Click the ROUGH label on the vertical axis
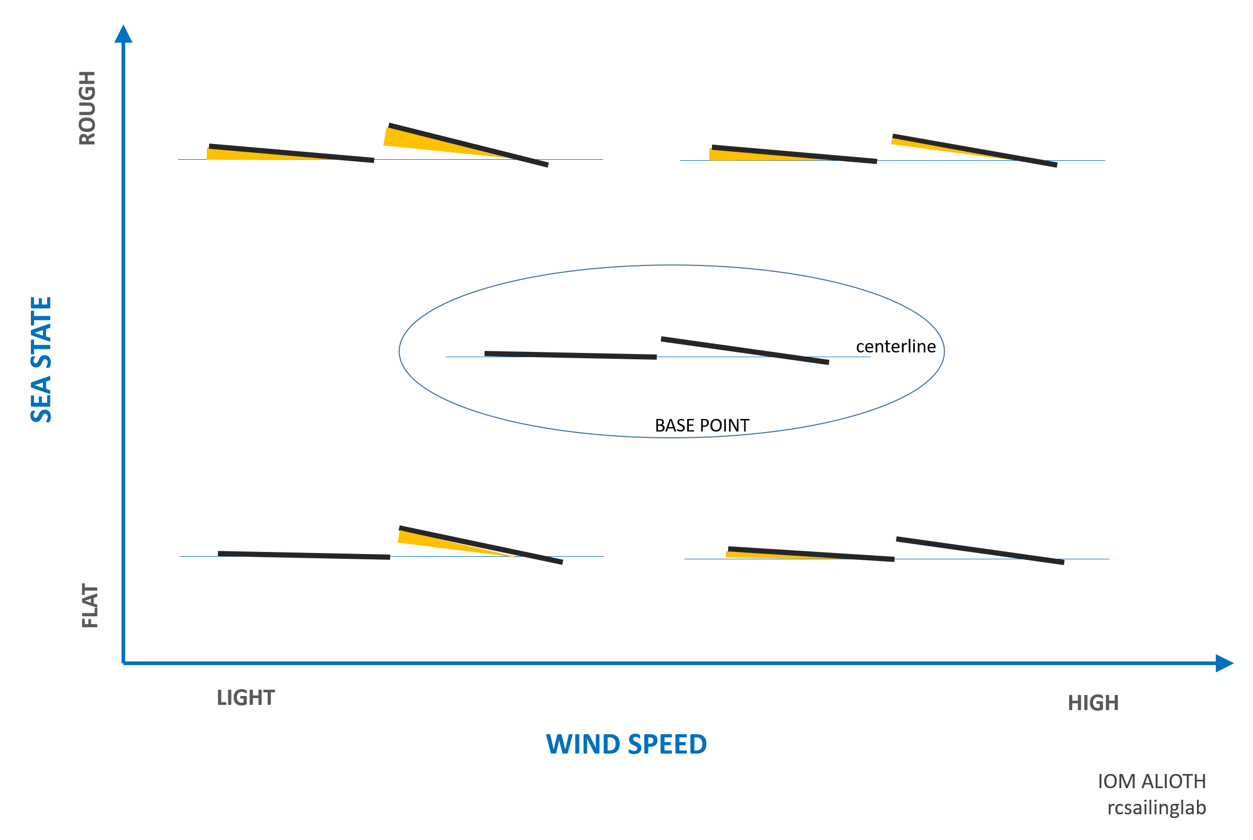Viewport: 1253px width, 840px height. pyautogui.click(x=87, y=108)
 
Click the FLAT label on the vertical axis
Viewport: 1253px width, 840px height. pyautogui.click(x=90, y=606)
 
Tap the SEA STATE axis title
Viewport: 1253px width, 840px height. pyautogui.click(x=41, y=359)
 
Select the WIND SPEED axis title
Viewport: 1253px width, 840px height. pyautogui.click(x=626, y=744)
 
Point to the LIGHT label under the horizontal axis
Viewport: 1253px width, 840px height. pyautogui.click(x=246, y=698)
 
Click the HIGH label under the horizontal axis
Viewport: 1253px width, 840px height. pyautogui.click(x=1093, y=703)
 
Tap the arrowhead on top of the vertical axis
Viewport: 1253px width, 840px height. pyautogui.click(x=123, y=34)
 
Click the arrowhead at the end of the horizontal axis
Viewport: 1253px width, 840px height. pyautogui.click(x=1224, y=663)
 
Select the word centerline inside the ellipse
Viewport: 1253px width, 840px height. pyautogui.click(x=896, y=347)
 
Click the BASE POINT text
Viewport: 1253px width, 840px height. pyautogui.click(x=702, y=425)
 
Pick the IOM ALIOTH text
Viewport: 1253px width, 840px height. pyautogui.click(x=1152, y=781)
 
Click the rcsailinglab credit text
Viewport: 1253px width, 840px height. pyautogui.click(x=1157, y=808)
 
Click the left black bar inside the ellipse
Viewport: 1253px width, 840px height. pyautogui.click(x=570, y=355)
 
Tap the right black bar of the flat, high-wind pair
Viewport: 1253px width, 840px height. pyautogui.click(x=980, y=551)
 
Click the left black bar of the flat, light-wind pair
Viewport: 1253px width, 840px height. pyautogui.click(x=304, y=556)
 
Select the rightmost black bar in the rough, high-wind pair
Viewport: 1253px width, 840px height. pyautogui.click(x=974, y=150)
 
